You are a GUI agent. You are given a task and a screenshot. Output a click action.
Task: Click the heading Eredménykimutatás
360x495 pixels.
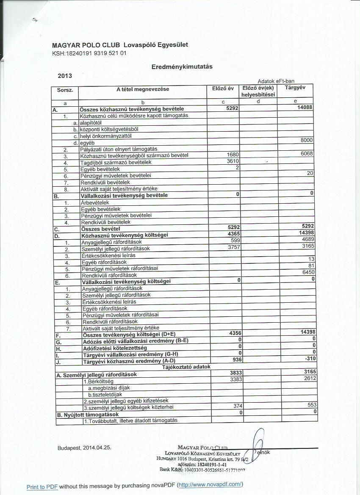pyautogui.click(x=182, y=66)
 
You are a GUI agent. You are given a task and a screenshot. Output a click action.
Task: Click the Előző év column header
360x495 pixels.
pyautogui.click(x=223, y=88)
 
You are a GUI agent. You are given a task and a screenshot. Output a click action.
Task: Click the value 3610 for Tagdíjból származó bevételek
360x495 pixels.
pyautogui.click(x=233, y=161)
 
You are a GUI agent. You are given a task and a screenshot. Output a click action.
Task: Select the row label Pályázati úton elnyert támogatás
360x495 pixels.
pyautogui.click(x=119, y=149)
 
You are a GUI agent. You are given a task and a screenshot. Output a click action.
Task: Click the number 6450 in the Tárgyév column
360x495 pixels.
pyautogui.click(x=308, y=272)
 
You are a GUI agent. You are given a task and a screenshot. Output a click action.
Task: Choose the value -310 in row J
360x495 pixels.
pyautogui.click(x=310, y=359)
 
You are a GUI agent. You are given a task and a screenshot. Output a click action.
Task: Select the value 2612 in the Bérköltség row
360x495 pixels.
pyautogui.click(x=310, y=378)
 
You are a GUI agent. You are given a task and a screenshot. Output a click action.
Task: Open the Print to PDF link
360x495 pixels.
pyautogui.click(x=42, y=487)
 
